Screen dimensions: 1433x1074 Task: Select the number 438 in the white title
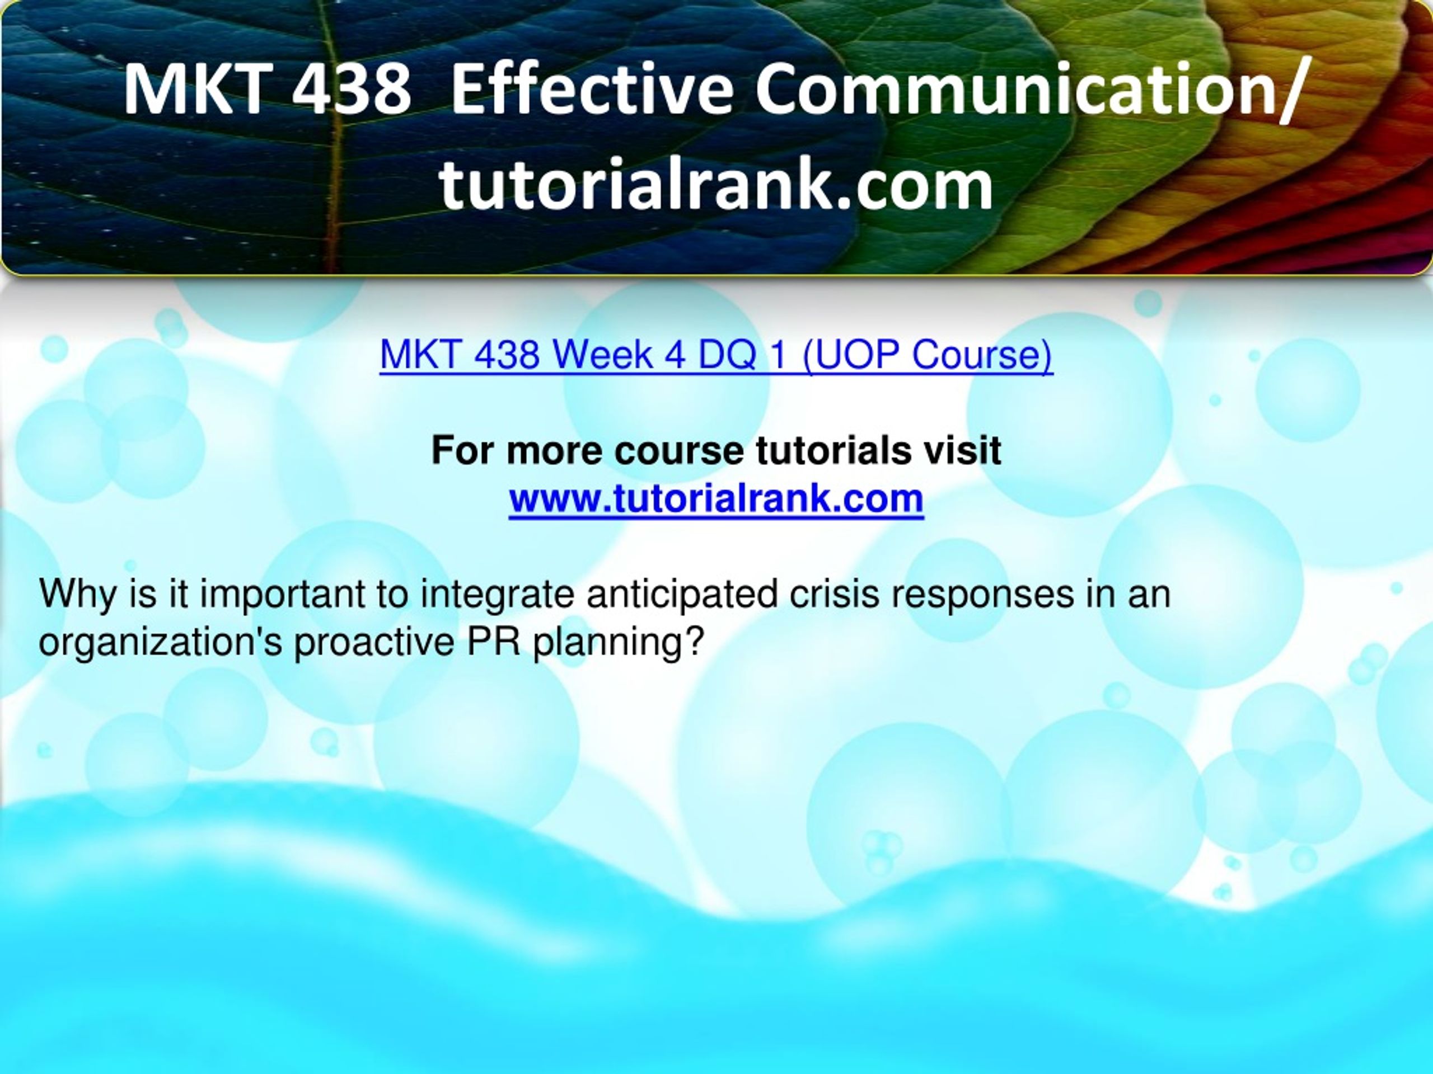[x=350, y=87]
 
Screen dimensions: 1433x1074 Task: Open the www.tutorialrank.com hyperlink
[x=716, y=498]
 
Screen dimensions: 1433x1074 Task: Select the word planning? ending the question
[x=619, y=643]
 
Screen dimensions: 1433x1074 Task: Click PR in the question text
[x=494, y=642]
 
